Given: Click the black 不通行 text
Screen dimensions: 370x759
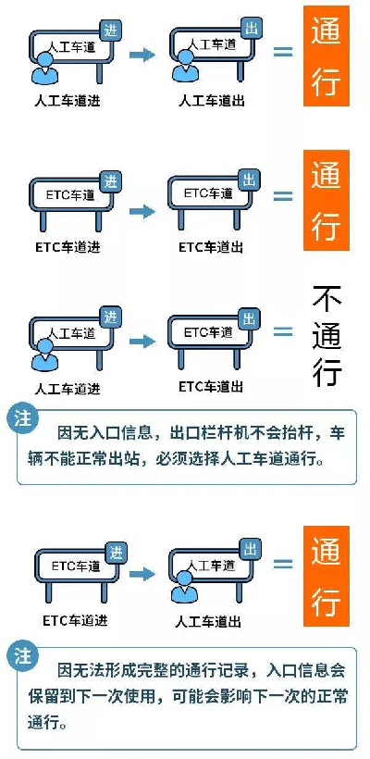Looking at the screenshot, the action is [x=327, y=337].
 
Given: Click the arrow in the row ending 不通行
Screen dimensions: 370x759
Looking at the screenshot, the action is [x=142, y=342].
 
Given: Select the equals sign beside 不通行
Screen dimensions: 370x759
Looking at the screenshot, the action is [x=283, y=332].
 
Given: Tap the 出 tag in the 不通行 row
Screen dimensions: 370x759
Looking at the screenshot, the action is [x=249, y=319].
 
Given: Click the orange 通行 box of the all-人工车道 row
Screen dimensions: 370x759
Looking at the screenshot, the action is [x=326, y=56].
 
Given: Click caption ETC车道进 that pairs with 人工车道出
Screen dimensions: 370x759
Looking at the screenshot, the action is [x=75, y=620].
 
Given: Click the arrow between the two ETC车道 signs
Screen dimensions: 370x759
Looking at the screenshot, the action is [x=142, y=212].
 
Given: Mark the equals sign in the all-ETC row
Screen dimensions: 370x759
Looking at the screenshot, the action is [x=283, y=196].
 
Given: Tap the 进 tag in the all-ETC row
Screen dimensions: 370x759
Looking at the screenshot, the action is [x=111, y=181].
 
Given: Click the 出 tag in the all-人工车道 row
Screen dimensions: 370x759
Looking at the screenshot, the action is [x=251, y=30].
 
